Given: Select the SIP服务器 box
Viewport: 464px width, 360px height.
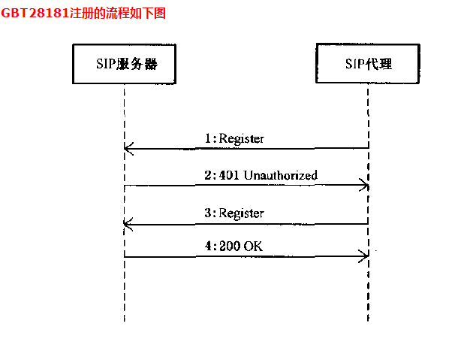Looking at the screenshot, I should click(125, 64).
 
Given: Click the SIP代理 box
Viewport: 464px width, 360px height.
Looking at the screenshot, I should click(367, 64).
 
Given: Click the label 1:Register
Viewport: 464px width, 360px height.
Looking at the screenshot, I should click(234, 138).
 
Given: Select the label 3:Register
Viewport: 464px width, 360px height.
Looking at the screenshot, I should click(234, 213).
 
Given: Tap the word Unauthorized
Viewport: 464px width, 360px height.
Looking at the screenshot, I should click(280, 175).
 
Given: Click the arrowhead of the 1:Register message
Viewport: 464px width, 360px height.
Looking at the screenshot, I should click(128, 149).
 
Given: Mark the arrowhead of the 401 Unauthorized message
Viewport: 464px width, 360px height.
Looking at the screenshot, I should click(364, 185).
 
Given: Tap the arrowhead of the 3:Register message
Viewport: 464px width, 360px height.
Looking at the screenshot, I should click(128, 223).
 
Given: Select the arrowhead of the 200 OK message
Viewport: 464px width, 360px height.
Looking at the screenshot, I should click(364, 256).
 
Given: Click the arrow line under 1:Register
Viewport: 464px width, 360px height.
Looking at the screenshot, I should click(248, 149).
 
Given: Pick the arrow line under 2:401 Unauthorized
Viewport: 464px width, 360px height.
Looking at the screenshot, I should click(248, 185).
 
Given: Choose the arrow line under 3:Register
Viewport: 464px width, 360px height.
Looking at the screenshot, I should click(248, 223).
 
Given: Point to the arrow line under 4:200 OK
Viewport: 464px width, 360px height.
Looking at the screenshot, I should click(248, 256).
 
